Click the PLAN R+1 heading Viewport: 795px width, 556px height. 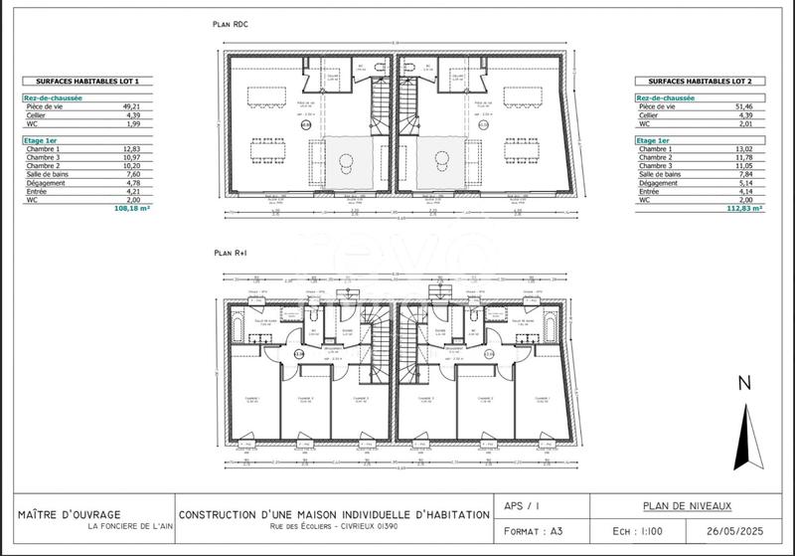[231, 253]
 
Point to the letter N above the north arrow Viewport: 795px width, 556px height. [740, 384]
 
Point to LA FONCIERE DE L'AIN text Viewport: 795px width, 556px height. [129, 526]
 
